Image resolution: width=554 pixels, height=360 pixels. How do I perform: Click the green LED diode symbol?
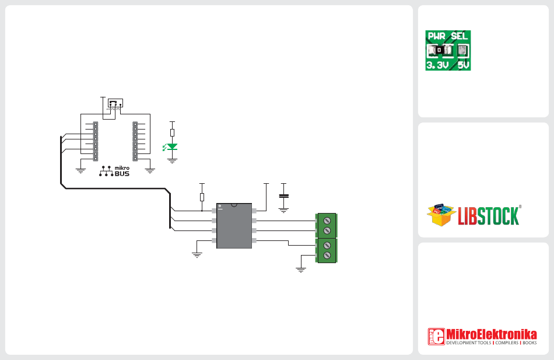171,147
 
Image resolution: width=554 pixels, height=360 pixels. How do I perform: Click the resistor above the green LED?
172,132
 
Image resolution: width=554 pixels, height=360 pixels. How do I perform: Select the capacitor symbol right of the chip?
284,196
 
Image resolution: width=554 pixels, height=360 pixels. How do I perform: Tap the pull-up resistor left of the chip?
202,197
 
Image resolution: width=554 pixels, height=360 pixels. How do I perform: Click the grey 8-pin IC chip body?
234,226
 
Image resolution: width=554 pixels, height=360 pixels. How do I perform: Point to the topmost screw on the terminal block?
327,221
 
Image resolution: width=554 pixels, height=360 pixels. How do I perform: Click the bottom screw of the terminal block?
327,255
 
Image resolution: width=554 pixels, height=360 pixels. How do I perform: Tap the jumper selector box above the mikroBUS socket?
115,103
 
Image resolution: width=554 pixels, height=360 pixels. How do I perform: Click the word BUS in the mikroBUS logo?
122,174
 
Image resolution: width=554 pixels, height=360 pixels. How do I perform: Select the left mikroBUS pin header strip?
96,141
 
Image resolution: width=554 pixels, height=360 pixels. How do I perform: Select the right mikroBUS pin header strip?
135,141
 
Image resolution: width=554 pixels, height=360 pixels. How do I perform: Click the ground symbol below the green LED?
172,161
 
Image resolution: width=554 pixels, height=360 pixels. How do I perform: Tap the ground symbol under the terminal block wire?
301,270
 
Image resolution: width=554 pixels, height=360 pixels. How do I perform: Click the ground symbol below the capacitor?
284,211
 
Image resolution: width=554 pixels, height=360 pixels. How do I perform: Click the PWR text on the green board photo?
437,36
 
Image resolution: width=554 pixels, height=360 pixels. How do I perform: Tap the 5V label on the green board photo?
464,65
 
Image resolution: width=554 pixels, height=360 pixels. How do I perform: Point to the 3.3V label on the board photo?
437,65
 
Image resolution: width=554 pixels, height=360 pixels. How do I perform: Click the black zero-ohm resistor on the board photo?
439,50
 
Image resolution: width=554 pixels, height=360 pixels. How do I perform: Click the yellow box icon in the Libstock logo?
441,214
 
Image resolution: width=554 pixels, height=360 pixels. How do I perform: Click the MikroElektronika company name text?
492,334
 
